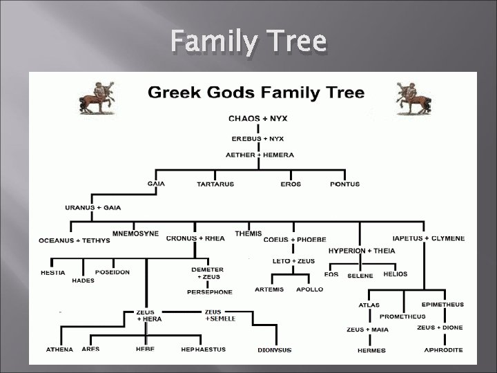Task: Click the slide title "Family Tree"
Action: [248, 43]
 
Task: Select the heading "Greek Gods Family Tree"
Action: [253, 93]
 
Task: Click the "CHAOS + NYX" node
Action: [258, 118]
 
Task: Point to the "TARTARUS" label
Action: [215, 184]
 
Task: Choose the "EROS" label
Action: [291, 184]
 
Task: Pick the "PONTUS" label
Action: [345, 184]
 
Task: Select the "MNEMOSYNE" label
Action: [135, 233]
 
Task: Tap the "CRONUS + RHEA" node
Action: [195, 238]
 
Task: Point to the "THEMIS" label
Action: [248, 233]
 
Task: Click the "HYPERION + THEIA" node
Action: [362, 251]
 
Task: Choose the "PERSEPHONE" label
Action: [210, 292]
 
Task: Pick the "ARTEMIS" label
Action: [269, 289]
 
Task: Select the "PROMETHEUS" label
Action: [402, 316]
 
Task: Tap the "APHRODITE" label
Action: [443, 350]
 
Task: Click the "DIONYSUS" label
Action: [275, 350]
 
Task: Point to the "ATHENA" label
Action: [60, 350]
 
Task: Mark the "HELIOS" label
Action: [396, 274]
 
